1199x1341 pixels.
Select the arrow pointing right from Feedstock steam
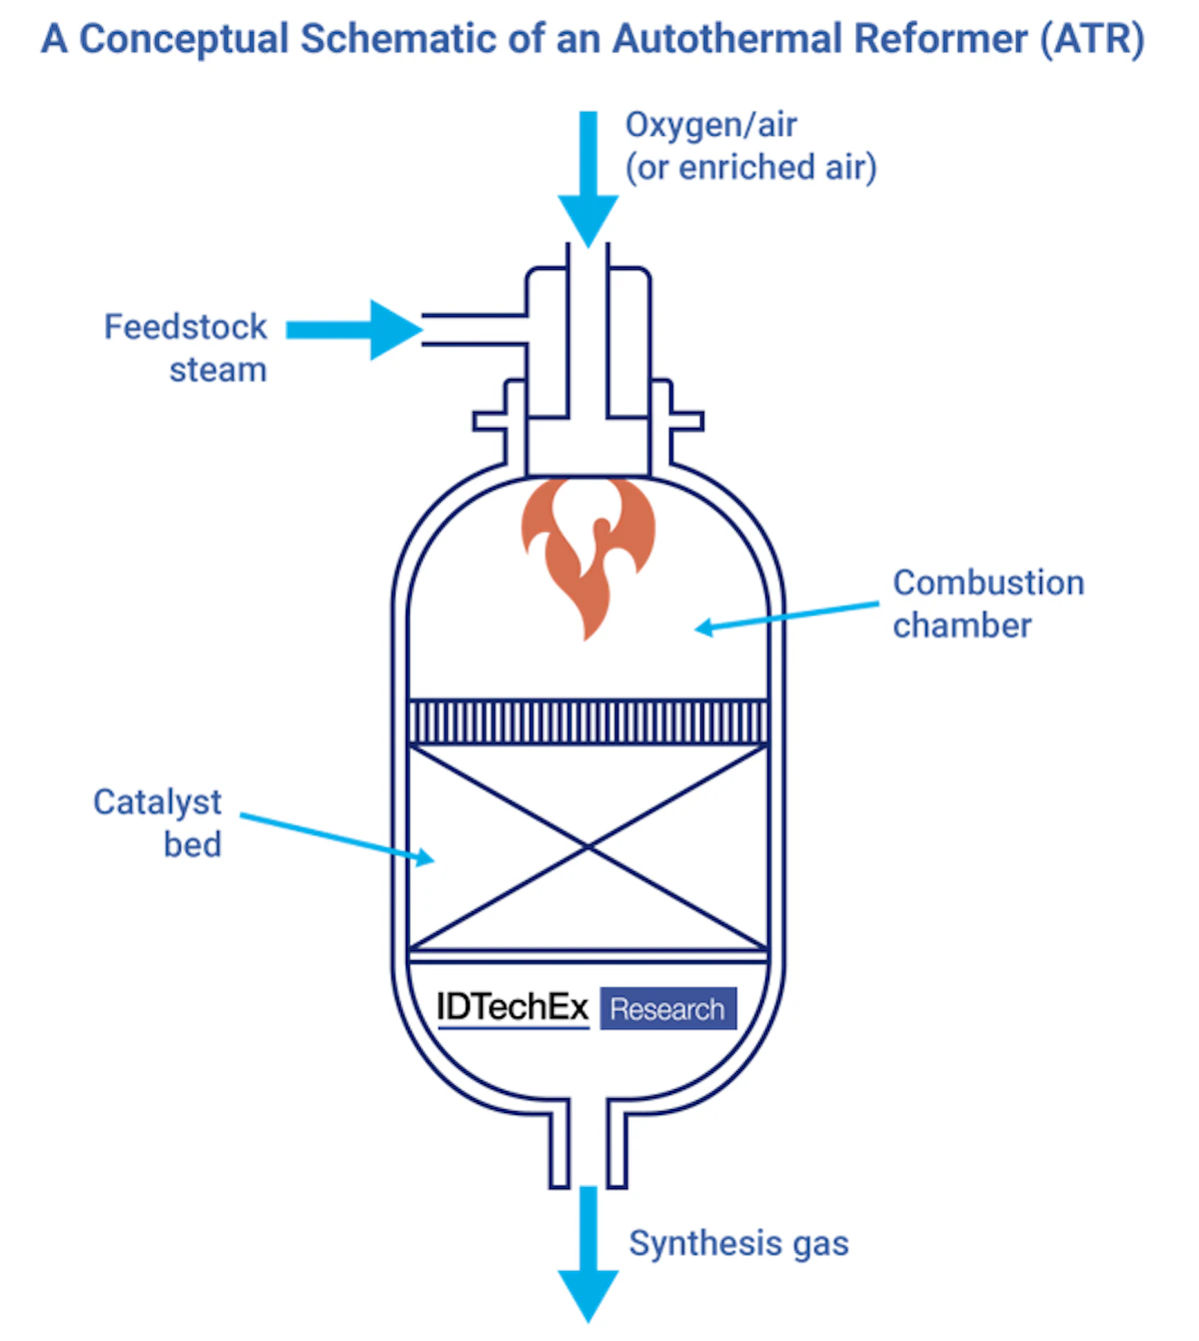(x=360, y=330)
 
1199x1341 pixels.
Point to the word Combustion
(x=987, y=583)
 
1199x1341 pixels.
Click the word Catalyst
(x=157, y=802)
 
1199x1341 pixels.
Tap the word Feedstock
(x=185, y=327)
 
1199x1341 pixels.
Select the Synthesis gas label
(x=738, y=1243)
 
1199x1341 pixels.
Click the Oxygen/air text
(x=710, y=125)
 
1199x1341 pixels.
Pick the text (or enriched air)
(x=750, y=167)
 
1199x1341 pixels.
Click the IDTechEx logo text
(x=513, y=1007)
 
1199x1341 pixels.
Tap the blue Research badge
(x=667, y=1009)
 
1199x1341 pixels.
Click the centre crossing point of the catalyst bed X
(x=589, y=847)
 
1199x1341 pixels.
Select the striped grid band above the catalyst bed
(x=589, y=721)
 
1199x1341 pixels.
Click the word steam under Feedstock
(x=218, y=370)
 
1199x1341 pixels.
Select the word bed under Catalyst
(x=192, y=845)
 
